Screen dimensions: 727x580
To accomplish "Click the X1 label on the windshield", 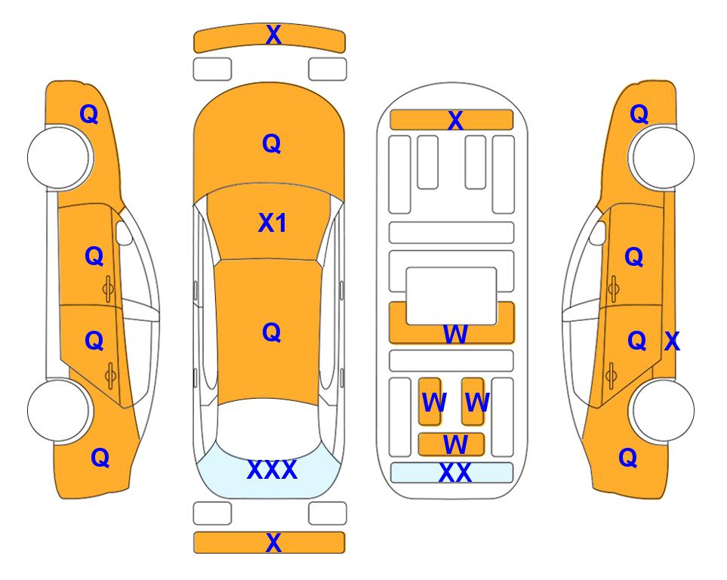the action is [x=273, y=224].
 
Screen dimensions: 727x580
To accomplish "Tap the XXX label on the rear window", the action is [x=273, y=470].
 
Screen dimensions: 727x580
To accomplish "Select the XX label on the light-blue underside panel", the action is [x=454, y=473].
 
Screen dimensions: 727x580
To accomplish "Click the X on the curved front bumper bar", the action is [x=273, y=34].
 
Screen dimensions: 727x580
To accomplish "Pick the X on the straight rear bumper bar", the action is [x=273, y=542].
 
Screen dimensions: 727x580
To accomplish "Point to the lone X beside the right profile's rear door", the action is [x=673, y=341].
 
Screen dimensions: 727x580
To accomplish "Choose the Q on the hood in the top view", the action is [x=272, y=143].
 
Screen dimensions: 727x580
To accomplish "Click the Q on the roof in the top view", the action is [x=272, y=332].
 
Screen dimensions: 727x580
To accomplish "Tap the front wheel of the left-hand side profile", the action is [x=59, y=158].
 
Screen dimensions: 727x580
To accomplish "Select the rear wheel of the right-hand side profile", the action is [x=663, y=410].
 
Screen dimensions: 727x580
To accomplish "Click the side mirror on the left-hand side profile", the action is [x=124, y=233].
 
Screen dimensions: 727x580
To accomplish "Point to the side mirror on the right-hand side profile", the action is [x=598, y=233].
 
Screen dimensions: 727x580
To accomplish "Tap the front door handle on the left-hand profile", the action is [x=109, y=289].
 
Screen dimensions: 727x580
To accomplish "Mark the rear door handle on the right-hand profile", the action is [x=611, y=375].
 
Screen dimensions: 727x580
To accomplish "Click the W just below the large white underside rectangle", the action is [x=454, y=334].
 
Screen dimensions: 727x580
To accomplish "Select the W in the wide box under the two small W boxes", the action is [x=454, y=445].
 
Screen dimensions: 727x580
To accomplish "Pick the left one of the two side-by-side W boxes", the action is [x=430, y=401].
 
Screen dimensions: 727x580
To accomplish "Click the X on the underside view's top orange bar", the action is [x=455, y=121].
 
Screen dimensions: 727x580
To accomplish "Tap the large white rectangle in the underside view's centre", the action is [x=451, y=296].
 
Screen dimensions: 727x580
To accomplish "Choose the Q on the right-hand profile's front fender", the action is [x=639, y=114].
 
